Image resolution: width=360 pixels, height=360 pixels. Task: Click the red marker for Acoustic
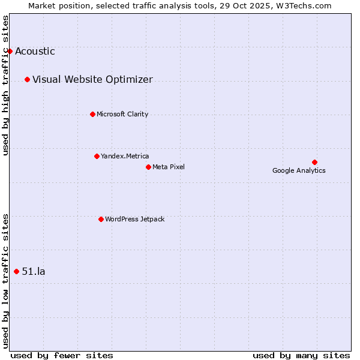tap(10, 51)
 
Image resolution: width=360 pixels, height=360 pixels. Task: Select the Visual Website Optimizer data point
tap(27, 79)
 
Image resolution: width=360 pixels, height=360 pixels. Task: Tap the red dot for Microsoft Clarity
tap(92, 114)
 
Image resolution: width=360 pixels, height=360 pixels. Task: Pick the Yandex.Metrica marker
tap(97, 156)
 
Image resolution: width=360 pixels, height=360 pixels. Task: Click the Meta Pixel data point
tap(148, 167)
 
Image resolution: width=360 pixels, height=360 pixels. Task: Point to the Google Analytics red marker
tap(314, 162)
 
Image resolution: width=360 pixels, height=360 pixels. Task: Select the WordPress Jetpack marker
tap(101, 219)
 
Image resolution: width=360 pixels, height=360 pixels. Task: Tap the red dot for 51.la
tap(16, 271)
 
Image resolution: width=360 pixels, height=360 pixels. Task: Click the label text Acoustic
tap(35, 52)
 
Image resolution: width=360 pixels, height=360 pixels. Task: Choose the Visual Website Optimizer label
tap(92, 80)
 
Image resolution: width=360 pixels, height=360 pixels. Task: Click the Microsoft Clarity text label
tap(122, 115)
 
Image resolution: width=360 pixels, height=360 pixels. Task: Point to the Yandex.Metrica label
tap(125, 157)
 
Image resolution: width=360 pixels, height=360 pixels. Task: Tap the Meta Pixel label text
tap(169, 167)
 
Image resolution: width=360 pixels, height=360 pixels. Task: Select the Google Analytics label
tap(299, 171)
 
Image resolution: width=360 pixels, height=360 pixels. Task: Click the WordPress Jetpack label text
tap(134, 220)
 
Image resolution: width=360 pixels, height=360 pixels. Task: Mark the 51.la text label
tap(34, 272)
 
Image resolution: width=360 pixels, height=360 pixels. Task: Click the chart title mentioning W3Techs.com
tap(179, 5)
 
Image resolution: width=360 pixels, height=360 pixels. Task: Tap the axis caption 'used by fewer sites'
tap(62, 356)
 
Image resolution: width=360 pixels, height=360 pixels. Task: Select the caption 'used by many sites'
tap(301, 356)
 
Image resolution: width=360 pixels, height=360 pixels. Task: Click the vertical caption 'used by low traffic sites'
tap(6, 281)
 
